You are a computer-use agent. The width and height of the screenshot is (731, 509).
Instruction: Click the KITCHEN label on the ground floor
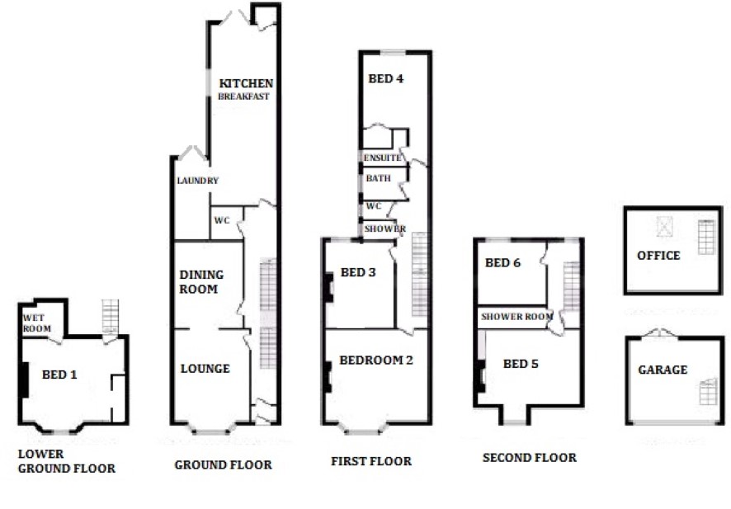click(246, 83)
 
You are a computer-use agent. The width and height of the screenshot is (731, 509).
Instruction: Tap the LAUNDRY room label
click(198, 181)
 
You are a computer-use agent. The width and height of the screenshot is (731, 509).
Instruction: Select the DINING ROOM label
click(201, 282)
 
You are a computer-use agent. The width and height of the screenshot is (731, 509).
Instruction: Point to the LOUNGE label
click(205, 369)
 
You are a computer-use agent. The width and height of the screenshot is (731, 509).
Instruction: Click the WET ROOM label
click(37, 323)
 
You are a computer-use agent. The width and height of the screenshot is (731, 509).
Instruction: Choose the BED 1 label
click(59, 375)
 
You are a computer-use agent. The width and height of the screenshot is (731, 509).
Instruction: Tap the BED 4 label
click(386, 78)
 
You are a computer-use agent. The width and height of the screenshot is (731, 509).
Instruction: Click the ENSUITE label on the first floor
click(382, 158)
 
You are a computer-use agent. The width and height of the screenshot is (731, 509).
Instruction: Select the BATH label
click(378, 178)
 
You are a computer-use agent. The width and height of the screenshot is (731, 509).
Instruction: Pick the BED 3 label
click(358, 273)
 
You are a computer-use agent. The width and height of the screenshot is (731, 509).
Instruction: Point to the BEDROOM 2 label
click(376, 361)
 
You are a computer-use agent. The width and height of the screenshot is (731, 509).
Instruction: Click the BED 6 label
click(502, 263)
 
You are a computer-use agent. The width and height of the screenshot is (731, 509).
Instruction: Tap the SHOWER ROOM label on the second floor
click(517, 317)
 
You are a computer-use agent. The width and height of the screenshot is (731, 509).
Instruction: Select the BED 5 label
click(521, 364)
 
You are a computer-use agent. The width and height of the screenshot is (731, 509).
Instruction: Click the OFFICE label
click(658, 256)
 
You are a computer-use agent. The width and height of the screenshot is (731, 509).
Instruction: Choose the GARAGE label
click(663, 370)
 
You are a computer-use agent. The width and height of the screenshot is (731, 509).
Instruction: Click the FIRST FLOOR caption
click(371, 461)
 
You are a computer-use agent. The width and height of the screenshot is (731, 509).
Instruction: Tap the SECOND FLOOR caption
click(530, 458)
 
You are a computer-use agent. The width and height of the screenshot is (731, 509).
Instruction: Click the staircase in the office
click(706, 238)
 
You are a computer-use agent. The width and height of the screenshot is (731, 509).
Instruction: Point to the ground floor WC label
click(222, 220)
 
